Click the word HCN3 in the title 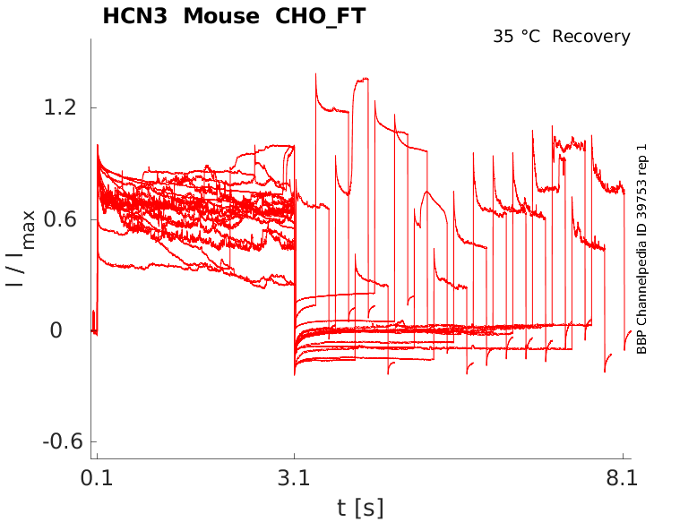coord(132,16)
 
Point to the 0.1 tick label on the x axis coord(97,478)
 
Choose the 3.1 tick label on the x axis coord(295,478)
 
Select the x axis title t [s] coord(360,508)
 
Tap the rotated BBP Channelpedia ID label coord(641,249)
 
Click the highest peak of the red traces coord(316,74)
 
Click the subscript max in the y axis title coord(29,229)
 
